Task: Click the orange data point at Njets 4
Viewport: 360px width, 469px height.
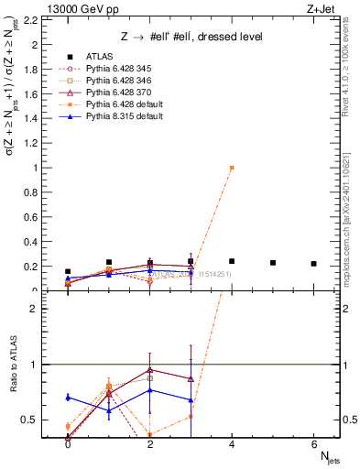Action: [x=232, y=168]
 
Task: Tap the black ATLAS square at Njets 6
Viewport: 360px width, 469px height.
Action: [x=314, y=264]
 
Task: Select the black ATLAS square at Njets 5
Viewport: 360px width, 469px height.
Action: [x=273, y=263]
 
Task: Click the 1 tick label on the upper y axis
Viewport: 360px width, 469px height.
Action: [x=36, y=168]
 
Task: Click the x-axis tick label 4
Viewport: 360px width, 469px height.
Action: [x=232, y=443]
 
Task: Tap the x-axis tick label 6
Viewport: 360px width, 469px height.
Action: [x=314, y=443]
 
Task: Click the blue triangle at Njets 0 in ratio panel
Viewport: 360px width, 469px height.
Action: [x=68, y=398]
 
